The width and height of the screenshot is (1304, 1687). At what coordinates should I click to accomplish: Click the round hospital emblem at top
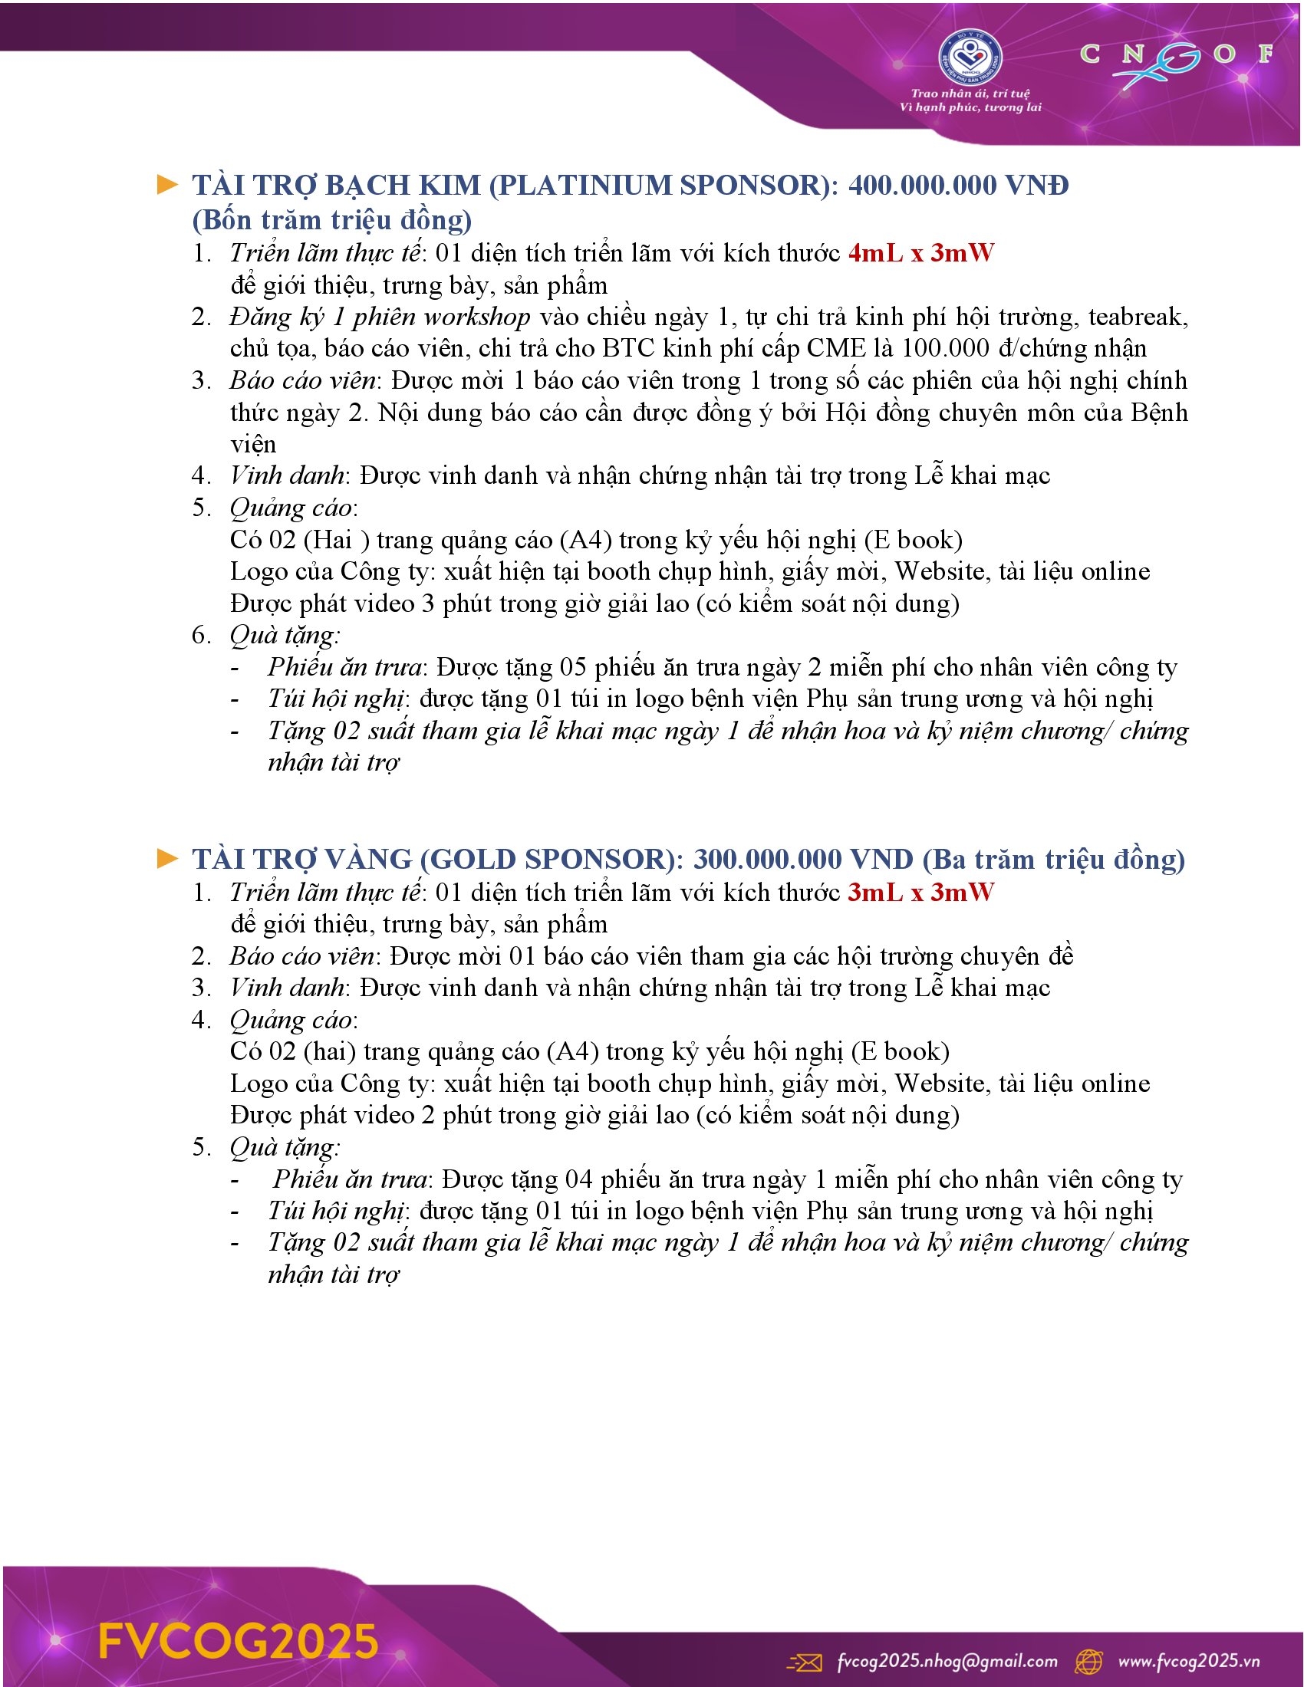pos(970,56)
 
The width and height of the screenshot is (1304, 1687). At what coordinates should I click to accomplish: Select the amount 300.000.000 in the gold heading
pos(767,859)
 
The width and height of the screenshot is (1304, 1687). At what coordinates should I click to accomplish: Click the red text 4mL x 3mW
pos(920,252)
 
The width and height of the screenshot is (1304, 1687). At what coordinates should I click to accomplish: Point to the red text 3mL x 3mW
pos(920,892)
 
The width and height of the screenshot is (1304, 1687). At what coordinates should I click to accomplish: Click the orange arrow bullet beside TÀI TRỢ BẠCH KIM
pos(167,185)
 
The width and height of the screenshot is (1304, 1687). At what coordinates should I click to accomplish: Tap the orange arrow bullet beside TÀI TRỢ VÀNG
pos(167,858)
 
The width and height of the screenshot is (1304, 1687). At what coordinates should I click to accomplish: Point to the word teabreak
pos(1138,317)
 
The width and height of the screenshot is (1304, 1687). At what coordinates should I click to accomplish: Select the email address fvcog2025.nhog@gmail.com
pos(947,1660)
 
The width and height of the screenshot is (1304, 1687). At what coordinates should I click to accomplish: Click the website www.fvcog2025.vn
pos(1189,1660)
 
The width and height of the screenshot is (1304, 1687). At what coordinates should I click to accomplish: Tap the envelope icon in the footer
pos(804,1661)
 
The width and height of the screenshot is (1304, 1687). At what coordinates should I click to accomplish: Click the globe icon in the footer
pos(1089,1661)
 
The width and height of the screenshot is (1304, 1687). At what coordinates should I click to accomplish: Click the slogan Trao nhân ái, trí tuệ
pos(970,94)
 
